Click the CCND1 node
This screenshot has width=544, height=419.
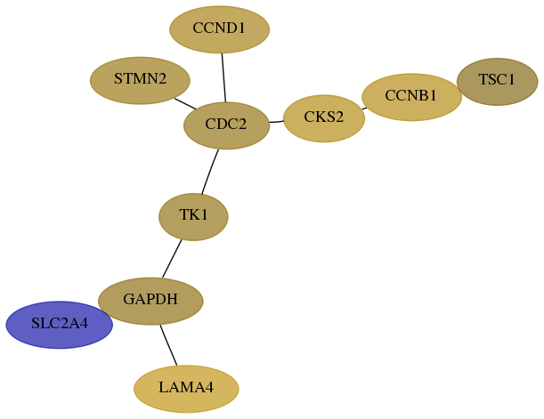(220, 29)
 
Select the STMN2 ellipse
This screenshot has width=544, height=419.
(140, 80)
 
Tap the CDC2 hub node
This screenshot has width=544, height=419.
(226, 125)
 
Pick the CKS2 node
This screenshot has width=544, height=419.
(324, 118)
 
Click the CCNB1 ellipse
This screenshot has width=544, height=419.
(412, 97)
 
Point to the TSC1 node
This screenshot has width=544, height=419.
(498, 82)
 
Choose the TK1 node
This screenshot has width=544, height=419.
(193, 217)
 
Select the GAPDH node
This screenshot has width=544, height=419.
(150, 302)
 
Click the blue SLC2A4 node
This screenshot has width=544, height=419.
(60, 325)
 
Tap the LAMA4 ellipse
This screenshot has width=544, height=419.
(186, 389)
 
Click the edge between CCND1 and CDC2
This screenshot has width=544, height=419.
(223, 77)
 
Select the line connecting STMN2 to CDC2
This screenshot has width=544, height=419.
(185, 103)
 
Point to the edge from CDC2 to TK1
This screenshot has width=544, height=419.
(210, 172)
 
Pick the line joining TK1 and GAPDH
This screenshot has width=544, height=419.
(172, 259)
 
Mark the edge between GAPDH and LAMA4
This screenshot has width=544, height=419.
(168, 345)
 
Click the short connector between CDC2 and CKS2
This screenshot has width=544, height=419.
(277, 122)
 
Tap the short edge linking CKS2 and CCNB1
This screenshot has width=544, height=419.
(364, 109)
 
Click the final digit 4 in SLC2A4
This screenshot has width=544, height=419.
(84, 323)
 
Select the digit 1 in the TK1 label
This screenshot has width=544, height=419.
(204, 215)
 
